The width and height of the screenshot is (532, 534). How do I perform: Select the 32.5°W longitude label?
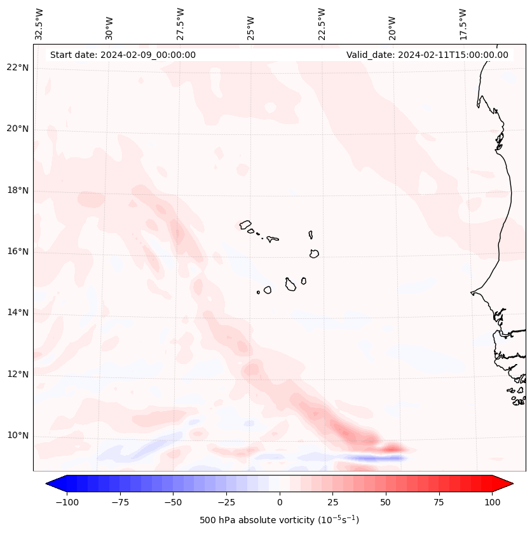pyautogui.click(x=39, y=24)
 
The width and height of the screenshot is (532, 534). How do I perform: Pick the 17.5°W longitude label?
pyautogui.click(x=463, y=24)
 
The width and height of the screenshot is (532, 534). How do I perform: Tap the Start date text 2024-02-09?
pyautogui.click(x=123, y=55)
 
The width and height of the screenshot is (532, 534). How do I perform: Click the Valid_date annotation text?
pyautogui.click(x=427, y=55)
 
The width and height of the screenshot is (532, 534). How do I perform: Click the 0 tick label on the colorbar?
pyautogui.click(x=280, y=502)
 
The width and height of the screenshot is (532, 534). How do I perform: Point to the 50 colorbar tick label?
pyautogui.click(x=386, y=502)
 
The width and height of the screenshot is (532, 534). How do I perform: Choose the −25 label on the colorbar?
pyautogui.click(x=226, y=502)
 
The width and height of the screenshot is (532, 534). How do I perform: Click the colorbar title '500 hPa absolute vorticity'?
pyautogui.click(x=280, y=520)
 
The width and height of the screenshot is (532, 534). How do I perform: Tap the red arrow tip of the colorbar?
pyautogui.click(x=508, y=484)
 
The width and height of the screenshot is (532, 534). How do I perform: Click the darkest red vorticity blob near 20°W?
pyautogui.click(x=391, y=448)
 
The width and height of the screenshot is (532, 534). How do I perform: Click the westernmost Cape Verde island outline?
pyautogui.click(x=246, y=225)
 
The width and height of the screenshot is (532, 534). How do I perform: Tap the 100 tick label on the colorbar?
pyautogui.click(x=492, y=502)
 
